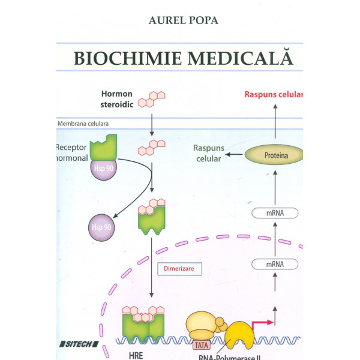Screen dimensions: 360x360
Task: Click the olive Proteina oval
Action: [274, 155]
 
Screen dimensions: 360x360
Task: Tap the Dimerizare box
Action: [176, 269]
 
